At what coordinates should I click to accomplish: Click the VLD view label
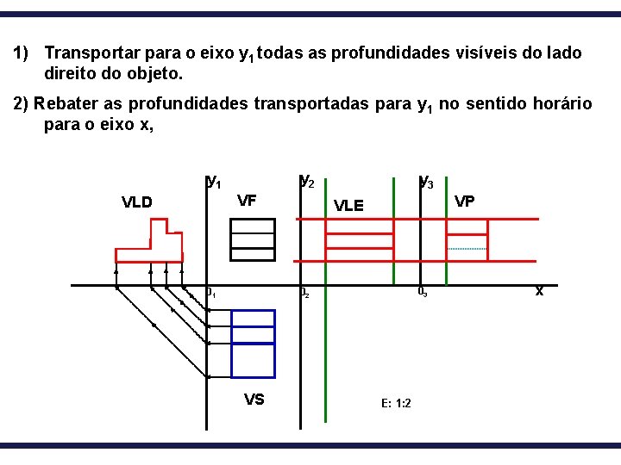136,203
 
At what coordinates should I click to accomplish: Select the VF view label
247,201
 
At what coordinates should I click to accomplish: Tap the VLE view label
348,206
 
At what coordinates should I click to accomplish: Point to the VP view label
464,201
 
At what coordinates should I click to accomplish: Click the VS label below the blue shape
254,399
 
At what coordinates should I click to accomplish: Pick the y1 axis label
214,181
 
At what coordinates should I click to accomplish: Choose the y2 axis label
306,181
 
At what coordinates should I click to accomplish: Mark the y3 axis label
425,181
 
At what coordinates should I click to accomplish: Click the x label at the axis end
539,291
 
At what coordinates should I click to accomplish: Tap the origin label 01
210,294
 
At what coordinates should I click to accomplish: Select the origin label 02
304,294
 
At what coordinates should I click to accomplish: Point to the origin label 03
422,291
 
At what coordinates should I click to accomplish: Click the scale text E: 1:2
395,403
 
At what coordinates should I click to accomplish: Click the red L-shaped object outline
148,253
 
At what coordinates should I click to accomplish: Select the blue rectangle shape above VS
253,343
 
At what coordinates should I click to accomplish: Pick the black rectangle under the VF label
253,239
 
